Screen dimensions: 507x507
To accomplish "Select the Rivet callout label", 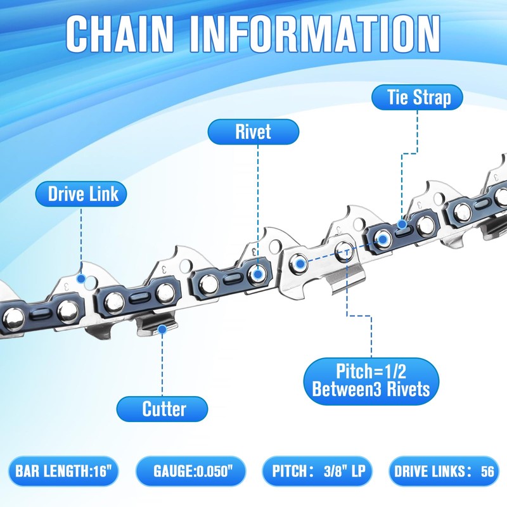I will pos(253,131).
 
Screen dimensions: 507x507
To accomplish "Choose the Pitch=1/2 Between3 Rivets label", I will pos(371,378).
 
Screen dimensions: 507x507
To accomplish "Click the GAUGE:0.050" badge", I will pos(189,472).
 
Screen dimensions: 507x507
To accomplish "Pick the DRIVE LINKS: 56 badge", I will pos(444,472).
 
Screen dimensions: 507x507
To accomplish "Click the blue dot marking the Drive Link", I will pos(80,278).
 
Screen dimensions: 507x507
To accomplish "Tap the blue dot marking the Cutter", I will pos(163,329).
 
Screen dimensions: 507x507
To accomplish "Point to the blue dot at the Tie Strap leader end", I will pos(402,224).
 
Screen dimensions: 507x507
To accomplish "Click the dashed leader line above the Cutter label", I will pos(163,364).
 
